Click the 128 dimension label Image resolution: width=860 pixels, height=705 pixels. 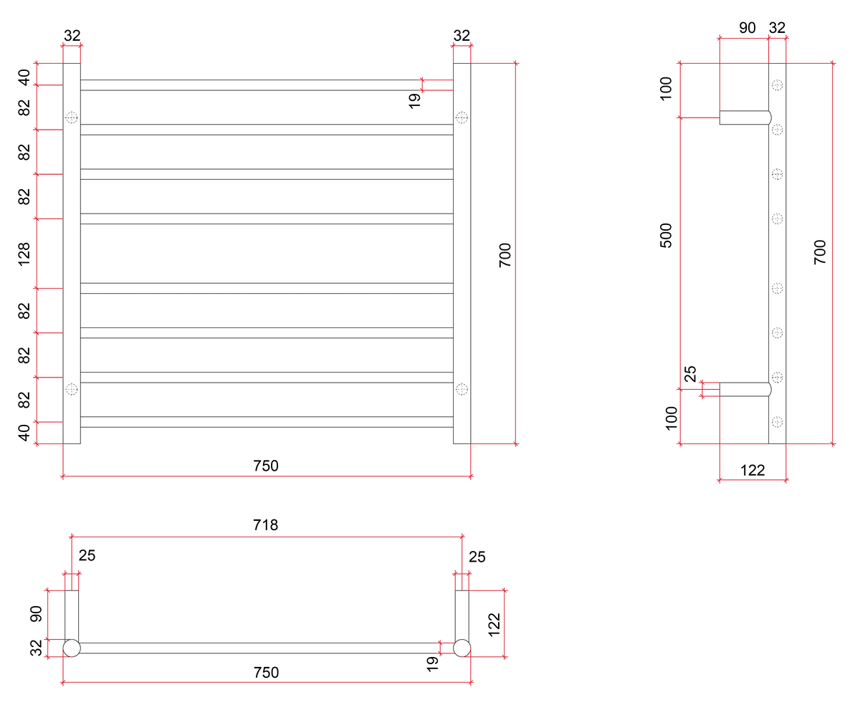tap(24, 254)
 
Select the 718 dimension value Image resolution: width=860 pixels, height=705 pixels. tap(265, 524)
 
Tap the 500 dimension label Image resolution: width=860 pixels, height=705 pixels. tap(666, 235)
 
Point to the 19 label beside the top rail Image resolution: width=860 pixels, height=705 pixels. tap(414, 101)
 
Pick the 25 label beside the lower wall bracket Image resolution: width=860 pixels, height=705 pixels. tap(689, 373)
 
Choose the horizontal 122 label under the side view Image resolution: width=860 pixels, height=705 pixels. tap(752, 471)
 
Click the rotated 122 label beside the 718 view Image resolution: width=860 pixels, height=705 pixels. tap(494, 624)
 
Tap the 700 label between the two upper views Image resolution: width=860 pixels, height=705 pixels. tap(505, 255)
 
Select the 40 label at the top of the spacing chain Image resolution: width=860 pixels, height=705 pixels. tap(24, 77)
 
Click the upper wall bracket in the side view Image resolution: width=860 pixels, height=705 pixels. tap(745, 117)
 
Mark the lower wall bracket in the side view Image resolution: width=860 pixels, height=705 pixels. tap(745, 389)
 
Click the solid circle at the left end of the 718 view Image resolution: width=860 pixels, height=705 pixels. tap(72, 648)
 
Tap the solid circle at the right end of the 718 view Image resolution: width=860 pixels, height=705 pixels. tap(462, 648)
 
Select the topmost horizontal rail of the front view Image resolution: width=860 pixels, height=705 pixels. tap(267, 85)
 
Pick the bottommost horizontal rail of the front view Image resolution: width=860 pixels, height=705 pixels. tap(267, 421)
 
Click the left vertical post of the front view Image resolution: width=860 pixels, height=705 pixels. tap(72, 253)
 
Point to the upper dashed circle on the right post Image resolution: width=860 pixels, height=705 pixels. tap(462, 117)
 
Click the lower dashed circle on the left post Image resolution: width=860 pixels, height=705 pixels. tap(72, 389)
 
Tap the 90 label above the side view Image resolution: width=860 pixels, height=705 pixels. tap(747, 28)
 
